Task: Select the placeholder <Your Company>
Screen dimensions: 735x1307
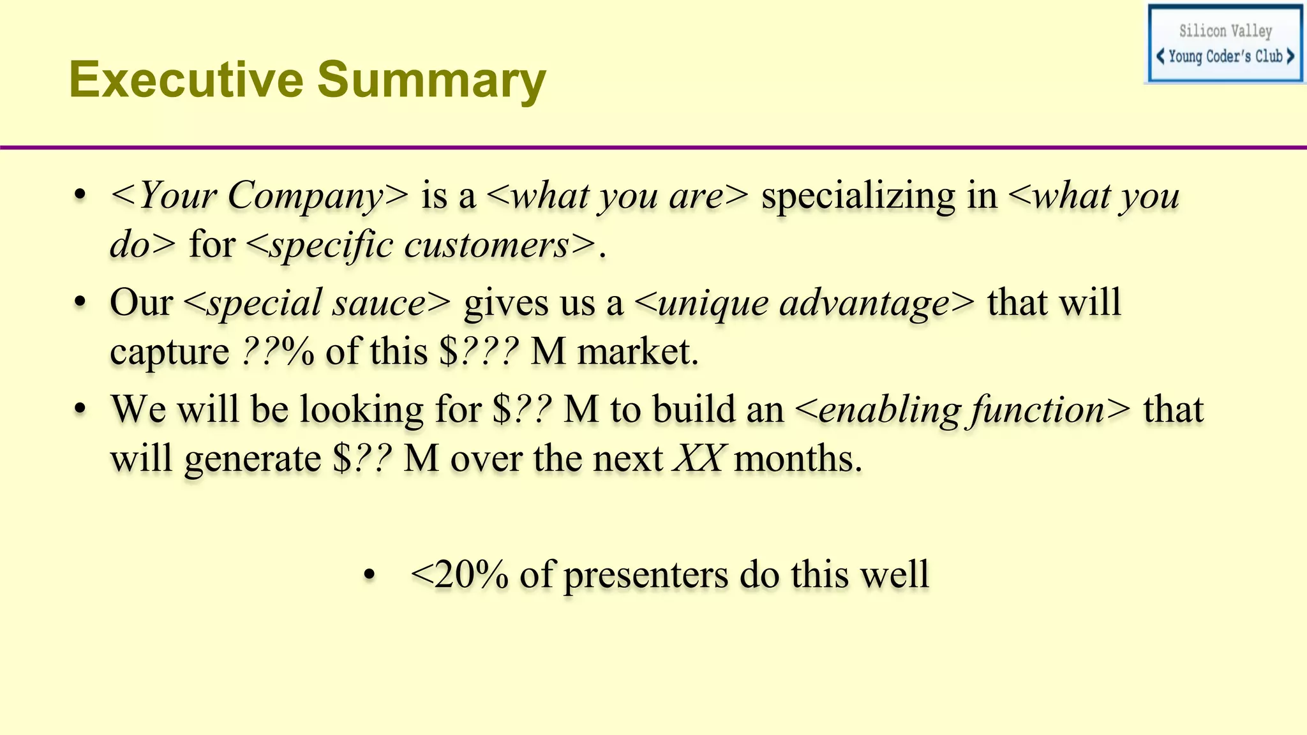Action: [259, 195]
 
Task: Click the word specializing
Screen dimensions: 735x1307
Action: [879, 195]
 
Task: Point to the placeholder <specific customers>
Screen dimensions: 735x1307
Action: [421, 245]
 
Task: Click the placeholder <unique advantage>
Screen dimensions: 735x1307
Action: [805, 302]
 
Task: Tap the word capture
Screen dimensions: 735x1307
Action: [169, 352]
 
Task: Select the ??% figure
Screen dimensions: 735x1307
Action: [278, 352]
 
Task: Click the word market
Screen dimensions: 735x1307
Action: [638, 352]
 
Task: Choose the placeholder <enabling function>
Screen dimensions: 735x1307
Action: [963, 410]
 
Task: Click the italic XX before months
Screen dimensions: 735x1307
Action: [698, 459]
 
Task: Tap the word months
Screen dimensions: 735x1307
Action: [798, 459]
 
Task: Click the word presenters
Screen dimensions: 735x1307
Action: [646, 575]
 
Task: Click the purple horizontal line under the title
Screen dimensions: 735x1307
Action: [653, 148]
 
